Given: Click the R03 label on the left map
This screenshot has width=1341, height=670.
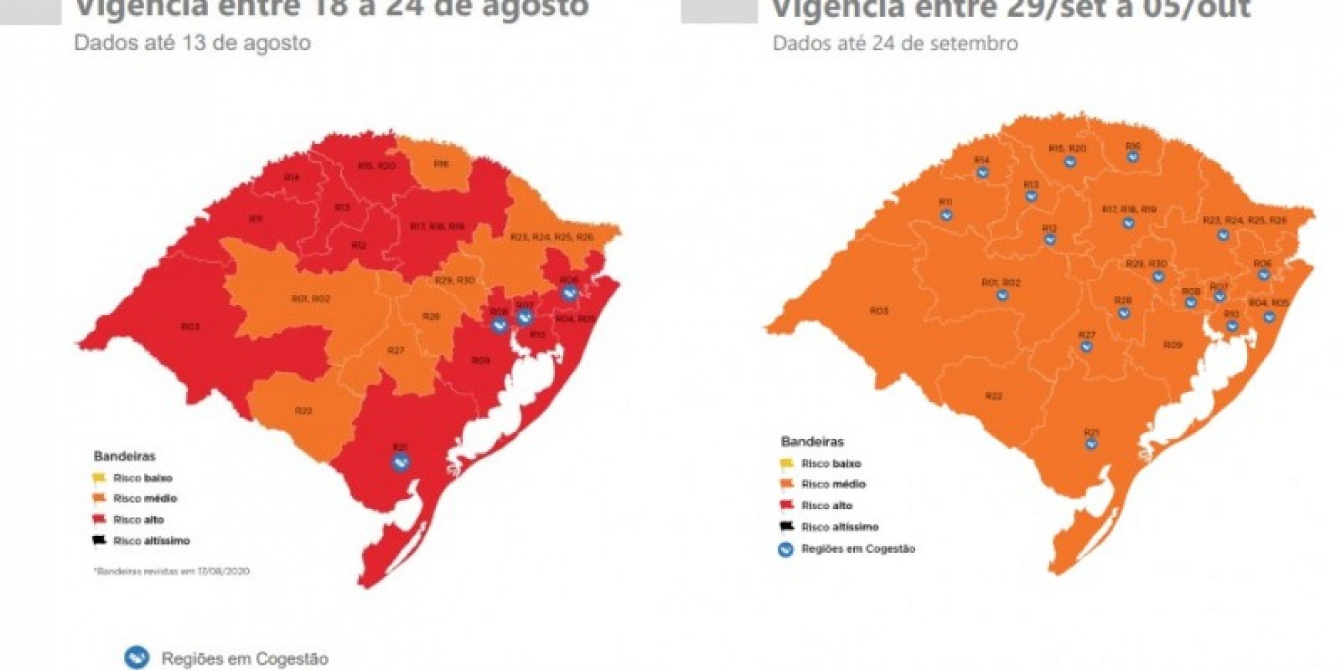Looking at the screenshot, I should pos(190,326).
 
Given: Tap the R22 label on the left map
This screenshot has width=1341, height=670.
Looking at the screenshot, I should pos(303,410).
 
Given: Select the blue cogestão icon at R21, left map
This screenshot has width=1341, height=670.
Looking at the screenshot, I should pos(401,462).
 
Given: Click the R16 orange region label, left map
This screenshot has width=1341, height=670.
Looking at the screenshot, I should pos(441,163).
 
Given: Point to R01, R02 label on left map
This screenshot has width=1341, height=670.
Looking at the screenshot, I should pos(310,298).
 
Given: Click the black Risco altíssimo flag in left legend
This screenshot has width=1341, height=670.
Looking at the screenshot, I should pos(99,540).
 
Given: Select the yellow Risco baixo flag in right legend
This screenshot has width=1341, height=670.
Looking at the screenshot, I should pos(786,463).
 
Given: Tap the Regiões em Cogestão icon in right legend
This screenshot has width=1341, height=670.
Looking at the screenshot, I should pos(786,549).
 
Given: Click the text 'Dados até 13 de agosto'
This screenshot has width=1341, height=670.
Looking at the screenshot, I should pos(192,43).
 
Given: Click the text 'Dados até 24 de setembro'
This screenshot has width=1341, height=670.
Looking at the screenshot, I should pos(895,44).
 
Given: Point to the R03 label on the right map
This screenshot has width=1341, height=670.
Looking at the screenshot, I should pos(878,311).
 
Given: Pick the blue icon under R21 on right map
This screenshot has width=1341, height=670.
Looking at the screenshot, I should pos(1092,444).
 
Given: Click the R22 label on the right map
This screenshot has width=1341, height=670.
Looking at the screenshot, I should pos(993,396).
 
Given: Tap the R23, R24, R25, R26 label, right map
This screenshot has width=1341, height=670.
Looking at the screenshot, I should pos(1244,220).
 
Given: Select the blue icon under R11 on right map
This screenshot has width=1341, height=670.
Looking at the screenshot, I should pos(946,215).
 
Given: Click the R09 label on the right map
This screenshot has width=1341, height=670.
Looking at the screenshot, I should pos(1172,345).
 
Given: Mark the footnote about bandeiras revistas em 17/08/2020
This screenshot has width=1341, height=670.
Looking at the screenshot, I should pos(172,572).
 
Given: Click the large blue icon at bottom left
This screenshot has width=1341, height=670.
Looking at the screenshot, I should pos(137,657).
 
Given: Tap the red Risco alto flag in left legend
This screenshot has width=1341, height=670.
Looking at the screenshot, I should pos(99,519).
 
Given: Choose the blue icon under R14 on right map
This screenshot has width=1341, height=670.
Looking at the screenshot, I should pos(982,173).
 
